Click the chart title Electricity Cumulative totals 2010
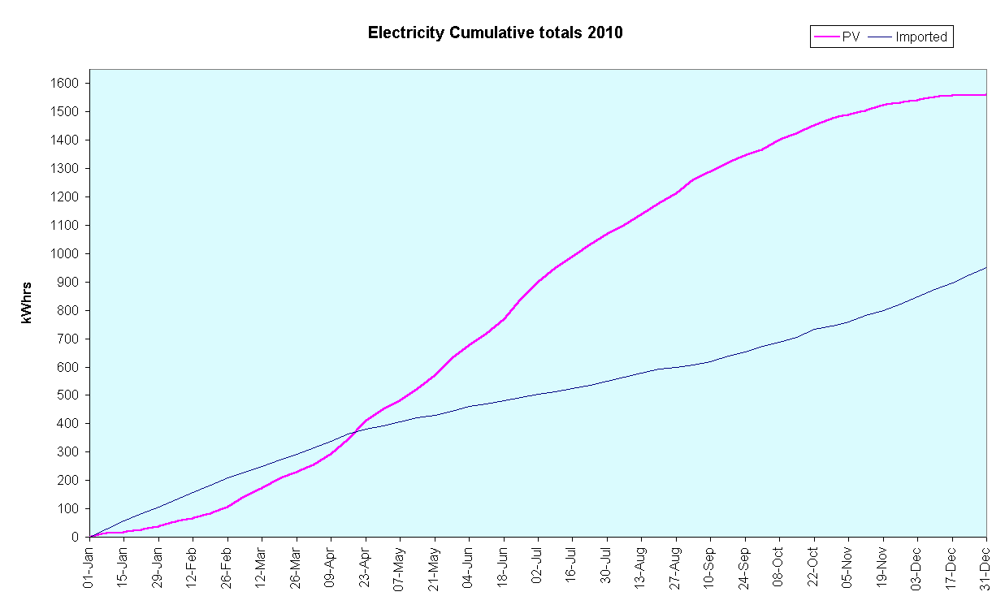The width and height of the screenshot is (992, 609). (x=495, y=33)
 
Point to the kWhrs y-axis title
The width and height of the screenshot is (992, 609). (x=27, y=302)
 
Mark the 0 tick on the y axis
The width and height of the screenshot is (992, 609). (x=76, y=537)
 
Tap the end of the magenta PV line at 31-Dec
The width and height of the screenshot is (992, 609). (x=986, y=95)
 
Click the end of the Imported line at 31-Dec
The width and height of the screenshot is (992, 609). (x=986, y=267)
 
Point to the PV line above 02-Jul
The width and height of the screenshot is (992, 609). (x=538, y=282)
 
